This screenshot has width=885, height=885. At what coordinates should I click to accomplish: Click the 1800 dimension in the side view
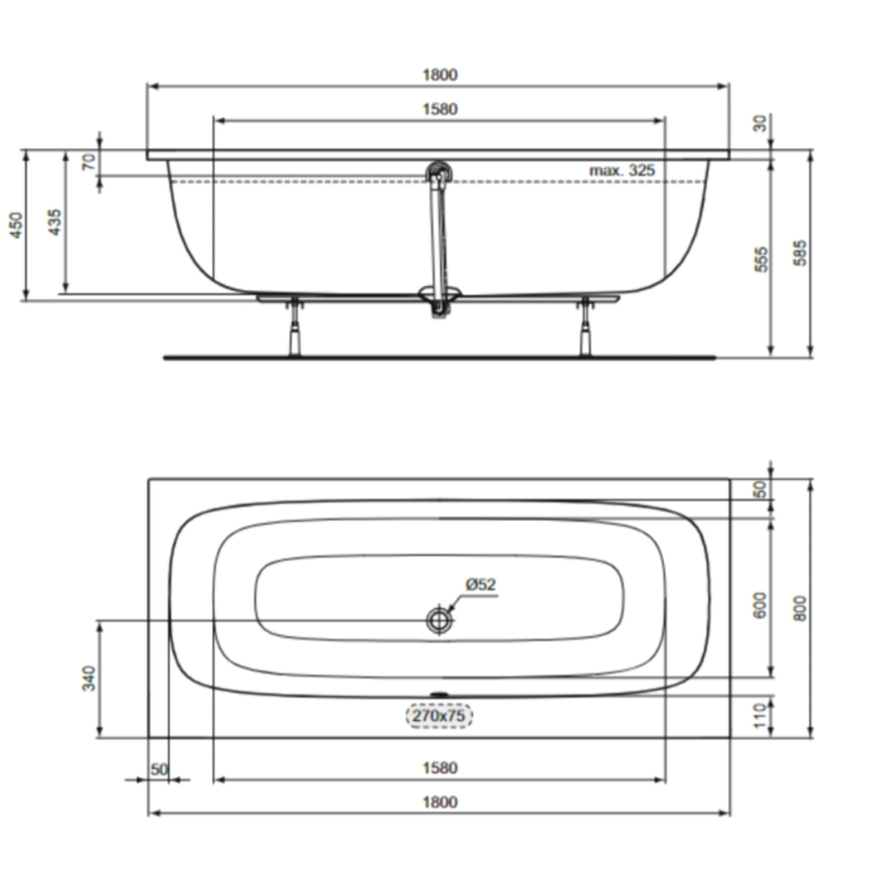[x=440, y=75]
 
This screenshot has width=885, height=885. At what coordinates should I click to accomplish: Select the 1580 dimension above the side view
[x=440, y=109]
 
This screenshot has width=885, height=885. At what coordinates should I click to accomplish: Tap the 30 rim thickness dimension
[x=759, y=123]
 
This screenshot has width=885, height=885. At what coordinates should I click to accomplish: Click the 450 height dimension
[x=16, y=225]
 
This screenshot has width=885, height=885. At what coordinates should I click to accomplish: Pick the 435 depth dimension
[x=55, y=222]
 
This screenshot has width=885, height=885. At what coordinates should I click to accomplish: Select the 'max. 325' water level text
[x=622, y=170]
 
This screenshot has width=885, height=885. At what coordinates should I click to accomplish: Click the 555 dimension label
[x=761, y=259]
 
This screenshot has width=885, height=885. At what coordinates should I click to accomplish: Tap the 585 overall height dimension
[x=800, y=253]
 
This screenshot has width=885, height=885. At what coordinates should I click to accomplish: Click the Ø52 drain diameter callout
[x=480, y=585]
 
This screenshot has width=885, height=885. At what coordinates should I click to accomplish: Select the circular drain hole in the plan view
[x=440, y=620]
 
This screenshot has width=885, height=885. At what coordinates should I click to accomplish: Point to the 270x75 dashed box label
[x=439, y=716]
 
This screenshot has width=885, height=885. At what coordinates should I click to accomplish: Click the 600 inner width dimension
[x=759, y=605]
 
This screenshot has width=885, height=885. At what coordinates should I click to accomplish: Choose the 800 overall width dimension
[x=800, y=608]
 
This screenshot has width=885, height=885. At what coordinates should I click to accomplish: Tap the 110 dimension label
[x=759, y=715]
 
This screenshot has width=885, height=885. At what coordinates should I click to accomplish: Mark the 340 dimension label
[x=90, y=678]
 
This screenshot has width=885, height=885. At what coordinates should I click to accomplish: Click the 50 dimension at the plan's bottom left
[x=159, y=769]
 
